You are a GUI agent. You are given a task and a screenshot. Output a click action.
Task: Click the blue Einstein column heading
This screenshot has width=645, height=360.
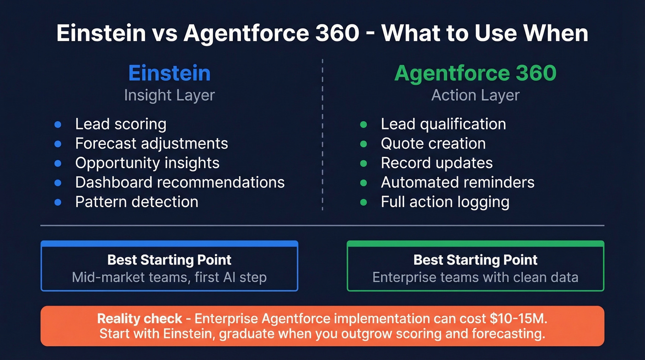coord(169,73)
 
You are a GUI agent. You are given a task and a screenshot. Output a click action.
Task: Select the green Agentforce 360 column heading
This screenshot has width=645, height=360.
coord(475,73)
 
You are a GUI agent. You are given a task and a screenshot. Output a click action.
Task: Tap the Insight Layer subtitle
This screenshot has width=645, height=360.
coord(169,95)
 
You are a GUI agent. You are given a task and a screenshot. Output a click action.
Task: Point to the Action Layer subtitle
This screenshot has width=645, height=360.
coord(475,95)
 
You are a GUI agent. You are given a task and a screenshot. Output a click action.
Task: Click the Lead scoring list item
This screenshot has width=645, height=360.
coord(121,124)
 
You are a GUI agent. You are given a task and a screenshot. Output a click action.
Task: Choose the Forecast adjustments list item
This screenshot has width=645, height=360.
coord(152,143)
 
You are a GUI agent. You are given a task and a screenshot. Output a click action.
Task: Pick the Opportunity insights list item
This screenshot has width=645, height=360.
coord(147,163)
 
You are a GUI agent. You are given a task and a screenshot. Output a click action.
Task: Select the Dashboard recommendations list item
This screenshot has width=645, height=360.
coord(180,182)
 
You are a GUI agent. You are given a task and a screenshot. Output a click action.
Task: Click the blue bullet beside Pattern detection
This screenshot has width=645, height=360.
coord(58,202)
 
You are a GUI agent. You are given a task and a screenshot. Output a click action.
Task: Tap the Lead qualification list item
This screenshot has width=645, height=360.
coord(443,124)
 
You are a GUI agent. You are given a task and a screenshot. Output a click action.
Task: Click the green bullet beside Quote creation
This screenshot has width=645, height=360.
coord(364,144)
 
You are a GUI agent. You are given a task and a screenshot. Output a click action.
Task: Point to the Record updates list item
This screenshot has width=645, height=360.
coord(436,163)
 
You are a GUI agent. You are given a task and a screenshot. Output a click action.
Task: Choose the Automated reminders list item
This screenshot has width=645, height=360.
coord(457,182)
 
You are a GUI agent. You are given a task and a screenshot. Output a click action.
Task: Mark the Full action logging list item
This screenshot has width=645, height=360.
coord(445,202)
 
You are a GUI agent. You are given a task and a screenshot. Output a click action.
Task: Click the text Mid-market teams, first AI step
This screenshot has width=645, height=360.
coord(169,277)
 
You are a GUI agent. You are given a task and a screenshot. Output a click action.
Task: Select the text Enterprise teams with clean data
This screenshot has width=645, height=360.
coord(475,277)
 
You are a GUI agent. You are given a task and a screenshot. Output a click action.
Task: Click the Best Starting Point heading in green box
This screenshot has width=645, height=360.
coord(475,260)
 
